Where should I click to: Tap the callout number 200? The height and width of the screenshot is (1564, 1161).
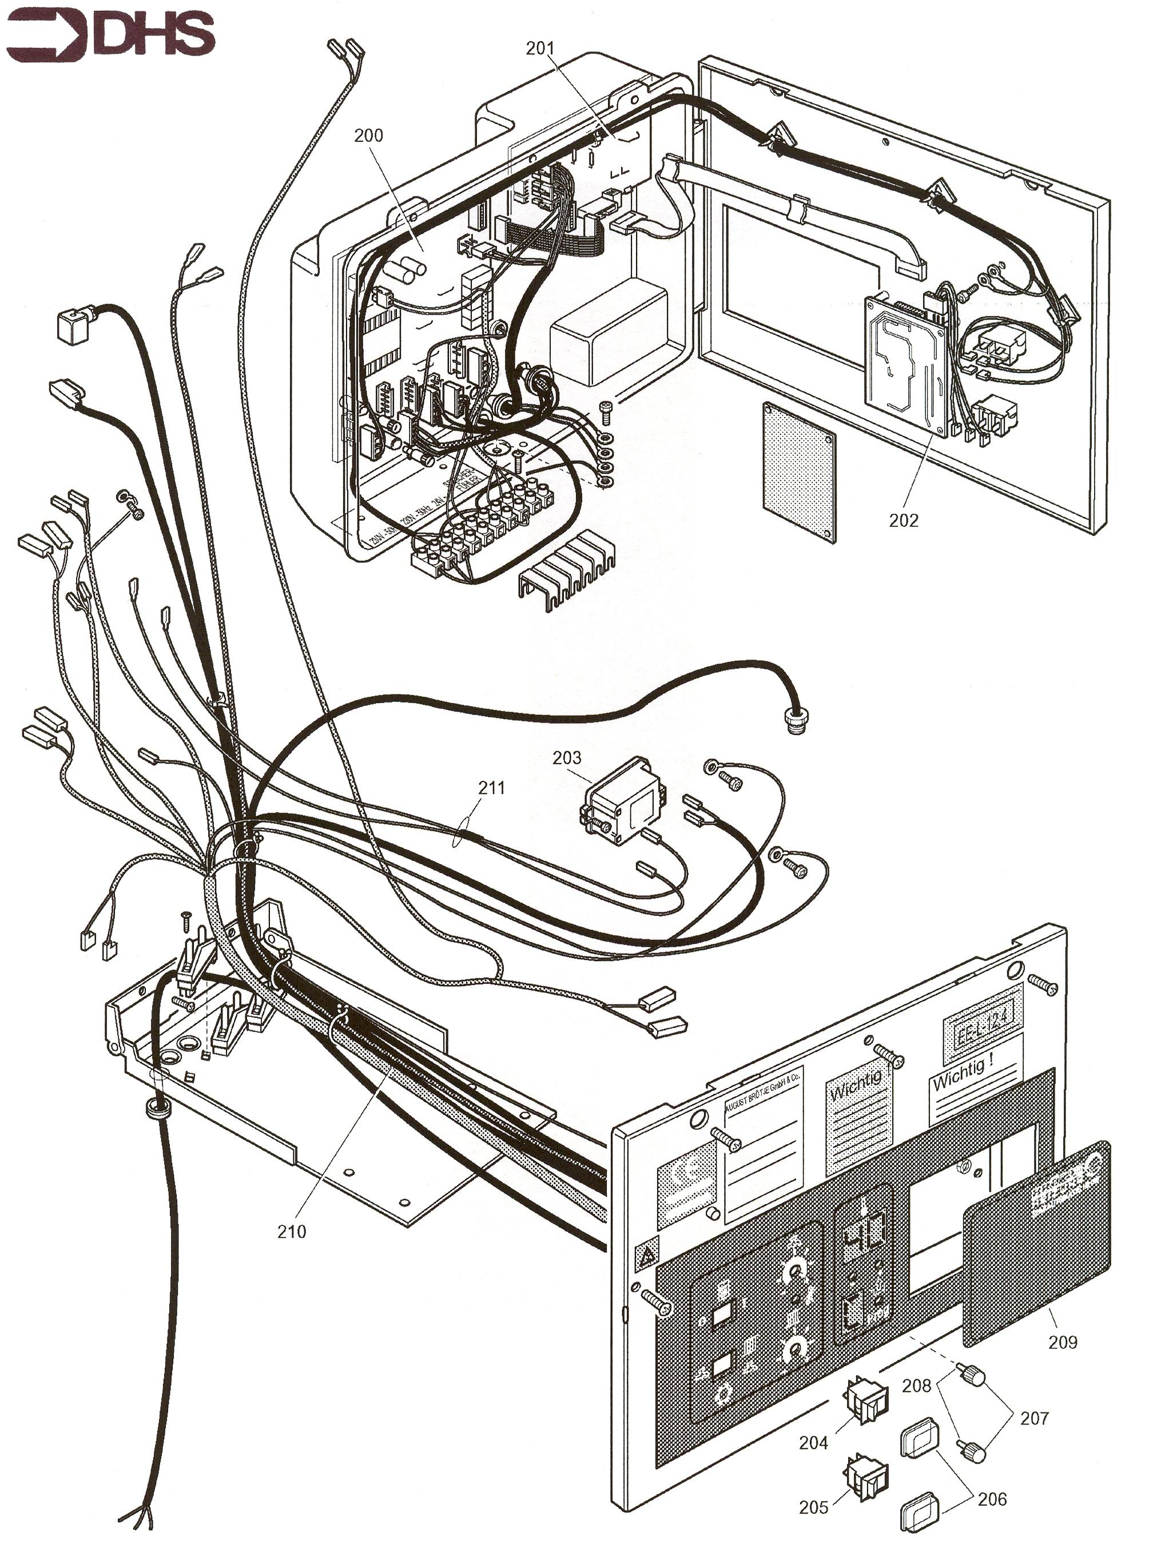pyautogui.click(x=368, y=136)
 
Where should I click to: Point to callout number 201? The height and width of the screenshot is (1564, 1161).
pyautogui.click(x=540, y=49)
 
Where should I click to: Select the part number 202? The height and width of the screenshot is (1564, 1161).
pyautogui.click(x=903, y=521)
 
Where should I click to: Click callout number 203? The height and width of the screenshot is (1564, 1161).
pyautogui.click(x=566, y=758)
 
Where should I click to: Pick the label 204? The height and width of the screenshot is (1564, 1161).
pyautogui.click(x=813, y=1443)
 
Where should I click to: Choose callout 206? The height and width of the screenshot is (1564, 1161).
pyautogui.click(x=992, y=1499)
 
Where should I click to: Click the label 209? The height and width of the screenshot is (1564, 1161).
pyautogui.click(x=1063, y=1342)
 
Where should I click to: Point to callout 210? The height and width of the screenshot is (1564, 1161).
pyautogui.click(x=292, y=1232)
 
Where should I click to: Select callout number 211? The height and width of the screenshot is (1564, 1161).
pyautogui.click(x=491, y=788)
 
